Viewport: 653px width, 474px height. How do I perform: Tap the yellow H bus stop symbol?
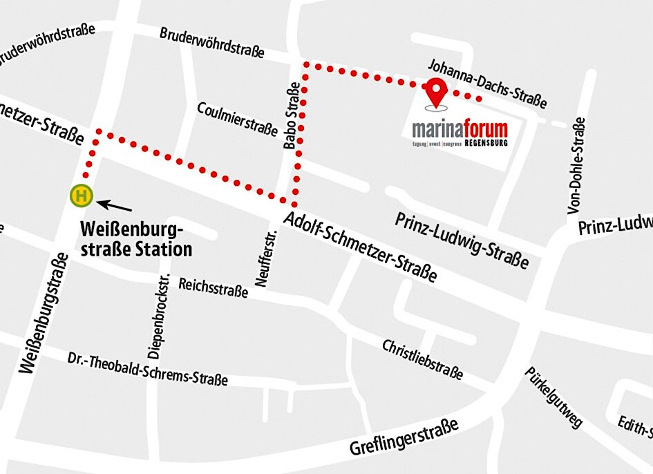click(81, 196)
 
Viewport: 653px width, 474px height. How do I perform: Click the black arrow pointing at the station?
click(114, 205)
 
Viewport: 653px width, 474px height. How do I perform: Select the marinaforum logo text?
click(460, 129)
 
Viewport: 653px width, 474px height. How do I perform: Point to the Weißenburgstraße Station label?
click(136, 238)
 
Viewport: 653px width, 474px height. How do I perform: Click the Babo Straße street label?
click(292, 117)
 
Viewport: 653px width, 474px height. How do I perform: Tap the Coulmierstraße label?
click(237, 120)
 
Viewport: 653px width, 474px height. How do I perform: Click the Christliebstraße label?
click(422, 359)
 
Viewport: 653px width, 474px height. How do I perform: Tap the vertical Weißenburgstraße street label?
click(45, 314)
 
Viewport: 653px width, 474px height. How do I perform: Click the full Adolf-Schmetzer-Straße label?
click(360, 248)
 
